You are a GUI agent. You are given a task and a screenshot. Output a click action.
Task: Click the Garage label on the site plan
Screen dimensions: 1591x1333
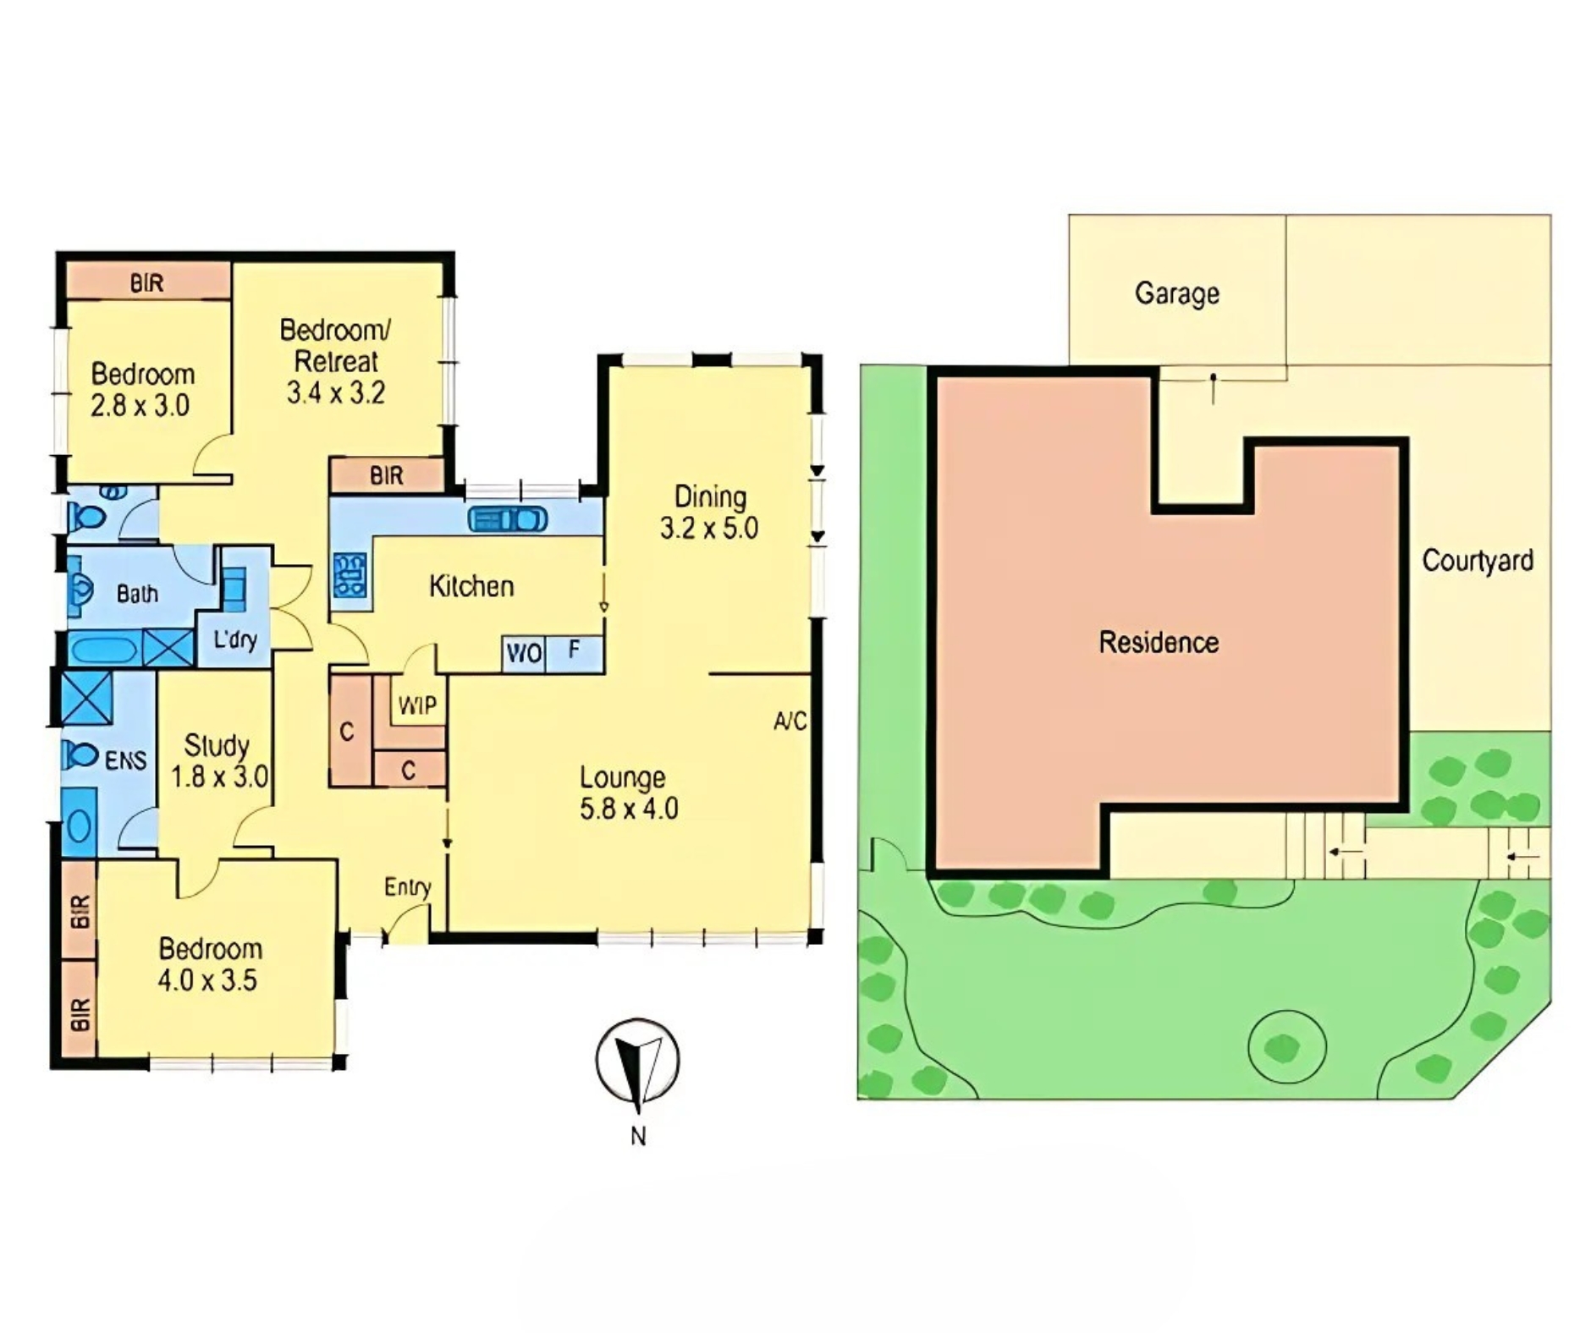click(x=1176, y=293)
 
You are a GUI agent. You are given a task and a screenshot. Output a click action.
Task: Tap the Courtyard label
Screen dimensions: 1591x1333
click(x=1478, y=560)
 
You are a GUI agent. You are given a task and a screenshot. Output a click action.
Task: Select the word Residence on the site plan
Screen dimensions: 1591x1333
click(x=1159, y=642)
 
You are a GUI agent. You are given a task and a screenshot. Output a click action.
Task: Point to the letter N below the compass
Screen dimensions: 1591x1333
click(x=638, y=1136)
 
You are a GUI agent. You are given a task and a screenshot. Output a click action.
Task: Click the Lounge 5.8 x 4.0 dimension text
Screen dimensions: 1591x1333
click(x=629, y=793)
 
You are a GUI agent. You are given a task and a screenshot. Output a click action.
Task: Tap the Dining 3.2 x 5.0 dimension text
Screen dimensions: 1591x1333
click(x=709, y=512)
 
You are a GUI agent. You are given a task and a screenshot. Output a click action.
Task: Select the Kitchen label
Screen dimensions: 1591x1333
click(x=471, y=586)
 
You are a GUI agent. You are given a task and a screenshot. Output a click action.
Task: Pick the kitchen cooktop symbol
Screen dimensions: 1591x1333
click(x=350, y=575)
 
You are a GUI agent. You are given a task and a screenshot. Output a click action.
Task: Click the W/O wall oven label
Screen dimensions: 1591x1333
click(x=524, y=654)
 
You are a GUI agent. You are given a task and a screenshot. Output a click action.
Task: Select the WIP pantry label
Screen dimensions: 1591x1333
click(x=417, y=705)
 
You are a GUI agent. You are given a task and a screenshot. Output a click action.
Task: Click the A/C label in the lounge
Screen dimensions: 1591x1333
click(x=790, y=721)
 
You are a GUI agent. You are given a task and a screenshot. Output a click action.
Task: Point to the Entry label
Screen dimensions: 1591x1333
click(x=408, y=887)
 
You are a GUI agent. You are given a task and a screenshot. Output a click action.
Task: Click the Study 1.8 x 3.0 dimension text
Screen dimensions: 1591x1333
click(x=218, y=760)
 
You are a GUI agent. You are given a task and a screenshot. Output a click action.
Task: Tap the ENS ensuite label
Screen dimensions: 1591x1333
click(x=126, y=760)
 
